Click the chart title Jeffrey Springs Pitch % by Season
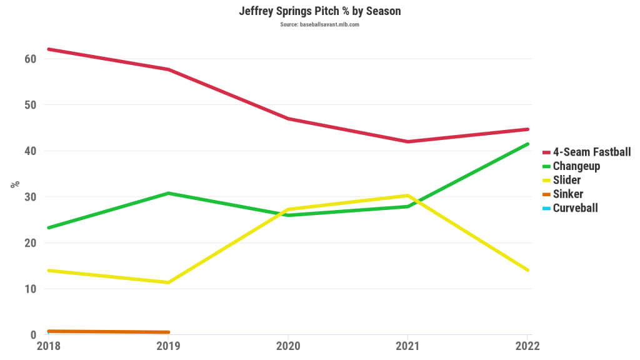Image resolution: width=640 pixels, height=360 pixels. [x=319, y=11]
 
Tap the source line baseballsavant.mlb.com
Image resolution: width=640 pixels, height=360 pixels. [x=319, y=24]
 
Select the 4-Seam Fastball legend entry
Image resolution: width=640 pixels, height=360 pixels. [x=591, y=152]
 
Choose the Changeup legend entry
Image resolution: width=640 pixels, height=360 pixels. [x=576, y=166]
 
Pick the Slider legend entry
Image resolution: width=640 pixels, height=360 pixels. [x=566, y=180]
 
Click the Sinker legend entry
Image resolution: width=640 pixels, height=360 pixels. [x=567, y=194]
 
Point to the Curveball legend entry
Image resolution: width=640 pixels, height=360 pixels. [x=575, y=208]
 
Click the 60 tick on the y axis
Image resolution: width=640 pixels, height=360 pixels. [x=30, y=59]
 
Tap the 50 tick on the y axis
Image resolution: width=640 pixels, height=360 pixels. [x=30, y=105]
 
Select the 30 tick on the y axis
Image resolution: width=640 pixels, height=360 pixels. [x=30, y=197]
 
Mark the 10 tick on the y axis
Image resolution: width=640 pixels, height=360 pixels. [x=30, y=289]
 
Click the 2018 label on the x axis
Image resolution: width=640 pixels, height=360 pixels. [x=48, y=346]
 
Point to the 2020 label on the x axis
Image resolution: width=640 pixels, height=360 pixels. [x=288, y=346]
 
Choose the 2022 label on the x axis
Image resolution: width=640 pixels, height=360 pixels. [x=527, y=346]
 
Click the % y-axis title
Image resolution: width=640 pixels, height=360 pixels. [x=14, y=184]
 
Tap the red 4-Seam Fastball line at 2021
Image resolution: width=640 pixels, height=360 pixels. [x=408, y=142]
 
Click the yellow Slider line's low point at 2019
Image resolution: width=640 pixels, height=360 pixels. [x=168, y=282]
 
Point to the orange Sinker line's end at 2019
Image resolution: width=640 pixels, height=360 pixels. [x=168, y=332]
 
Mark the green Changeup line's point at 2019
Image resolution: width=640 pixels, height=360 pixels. [x=168, y=193]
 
